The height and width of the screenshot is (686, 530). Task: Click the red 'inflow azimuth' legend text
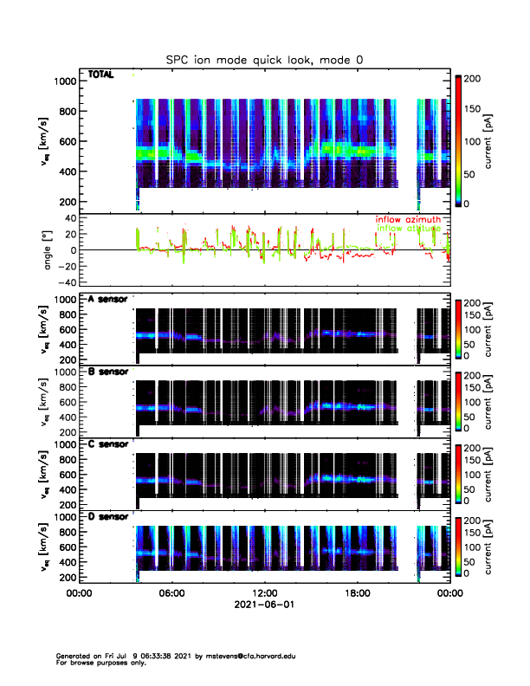(x=408, y=220)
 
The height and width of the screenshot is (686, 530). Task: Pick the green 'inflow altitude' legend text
(x=408, y=229)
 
